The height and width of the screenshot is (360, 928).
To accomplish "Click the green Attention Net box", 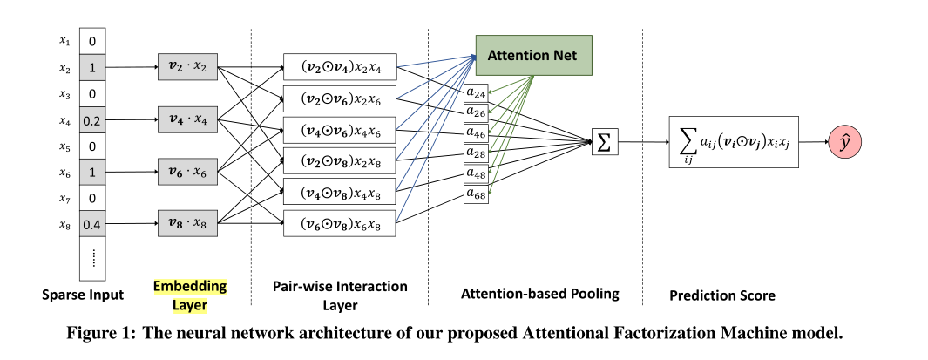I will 533,55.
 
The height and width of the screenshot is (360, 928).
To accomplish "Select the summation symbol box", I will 604,141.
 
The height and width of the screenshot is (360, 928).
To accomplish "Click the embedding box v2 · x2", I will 187,66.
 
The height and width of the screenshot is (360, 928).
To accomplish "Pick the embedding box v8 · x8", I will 187,223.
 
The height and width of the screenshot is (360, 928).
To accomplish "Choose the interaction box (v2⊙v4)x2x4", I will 340,66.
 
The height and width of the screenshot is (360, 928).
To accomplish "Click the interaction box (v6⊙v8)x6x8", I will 340,223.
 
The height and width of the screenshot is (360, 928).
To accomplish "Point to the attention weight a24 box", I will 477,92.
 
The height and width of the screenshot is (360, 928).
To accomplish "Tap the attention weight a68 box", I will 477,194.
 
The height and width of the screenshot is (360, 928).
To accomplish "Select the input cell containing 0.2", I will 91,120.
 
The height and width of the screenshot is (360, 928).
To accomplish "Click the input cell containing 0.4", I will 91,225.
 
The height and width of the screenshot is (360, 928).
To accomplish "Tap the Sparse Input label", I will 83,295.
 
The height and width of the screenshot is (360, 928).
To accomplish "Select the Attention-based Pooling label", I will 539,294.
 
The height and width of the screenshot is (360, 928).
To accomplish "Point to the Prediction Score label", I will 721,295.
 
